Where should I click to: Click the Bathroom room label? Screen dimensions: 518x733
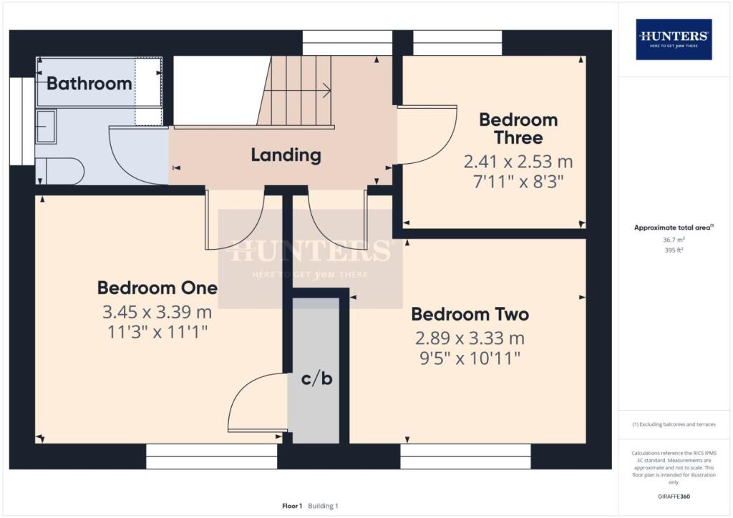pyautogui.click(x=89, y=83)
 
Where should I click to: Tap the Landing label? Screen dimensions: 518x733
pyautogui.click(x=286, y=155)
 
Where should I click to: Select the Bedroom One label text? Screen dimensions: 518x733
pyautogui.click(x=157, y=288)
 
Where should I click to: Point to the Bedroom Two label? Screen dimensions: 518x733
pyautogui.click(x=470, y=314)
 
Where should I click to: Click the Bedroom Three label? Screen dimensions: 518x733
pyautogui.click(x=518, y=129)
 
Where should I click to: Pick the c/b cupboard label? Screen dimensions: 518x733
pyautogui.click(x=316, y=379)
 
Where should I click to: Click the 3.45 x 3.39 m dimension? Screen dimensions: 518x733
pyautogui.click(x=157, y=313)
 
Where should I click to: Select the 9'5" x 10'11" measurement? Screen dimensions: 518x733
pyautogui.click(x=470, y=356)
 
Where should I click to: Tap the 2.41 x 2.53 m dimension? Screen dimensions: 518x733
pyautogui.click(x=518, y=161)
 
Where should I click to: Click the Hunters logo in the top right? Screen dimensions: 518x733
pyautogui.click(x=674, y=39)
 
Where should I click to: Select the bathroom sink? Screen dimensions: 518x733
pyautogui.click(x=47, y=127)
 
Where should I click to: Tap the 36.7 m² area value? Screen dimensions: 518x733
pyautogui.click(x=674, y=240)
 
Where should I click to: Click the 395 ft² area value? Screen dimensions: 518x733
pyautogui.click(x=674, y=250)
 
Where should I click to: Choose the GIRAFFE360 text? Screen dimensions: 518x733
pyautogui.click(x=674, y=496)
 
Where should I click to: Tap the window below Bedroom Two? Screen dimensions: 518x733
pyautogui.click(x=465, y=456)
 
